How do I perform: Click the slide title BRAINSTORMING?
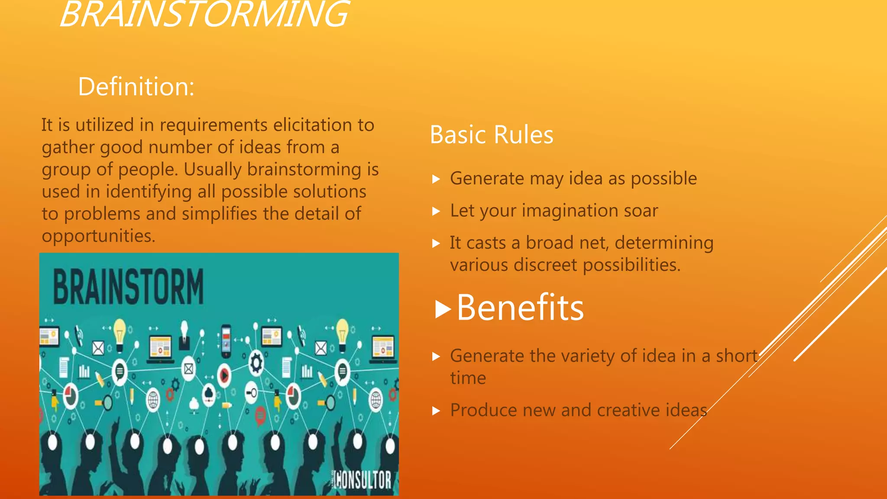pyautogui.click(x=204, y=15)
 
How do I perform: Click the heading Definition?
pyautogui.click(x=136, y=87)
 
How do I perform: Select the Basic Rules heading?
pyautogui.click(x=492, y=135)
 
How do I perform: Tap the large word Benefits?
pyautogui.click(x=520, y=308)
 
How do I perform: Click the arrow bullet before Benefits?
pyautogui.click(x=443, y=309)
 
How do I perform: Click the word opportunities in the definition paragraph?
pyautogui.click(x=98, y=237)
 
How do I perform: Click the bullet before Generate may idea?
pyautogui.click(x=436, y=179)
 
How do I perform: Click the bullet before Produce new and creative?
pyautogui.click(x=436, y=411)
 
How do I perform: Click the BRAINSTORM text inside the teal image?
pyautogui.click(x=128, y=287)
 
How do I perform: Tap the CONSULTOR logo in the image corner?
pyautogui.click(x=363, y=480)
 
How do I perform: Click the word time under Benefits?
pyautogui.click(x=468, y=378)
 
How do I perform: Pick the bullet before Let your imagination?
pyautogui.click(x=436, y=211)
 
